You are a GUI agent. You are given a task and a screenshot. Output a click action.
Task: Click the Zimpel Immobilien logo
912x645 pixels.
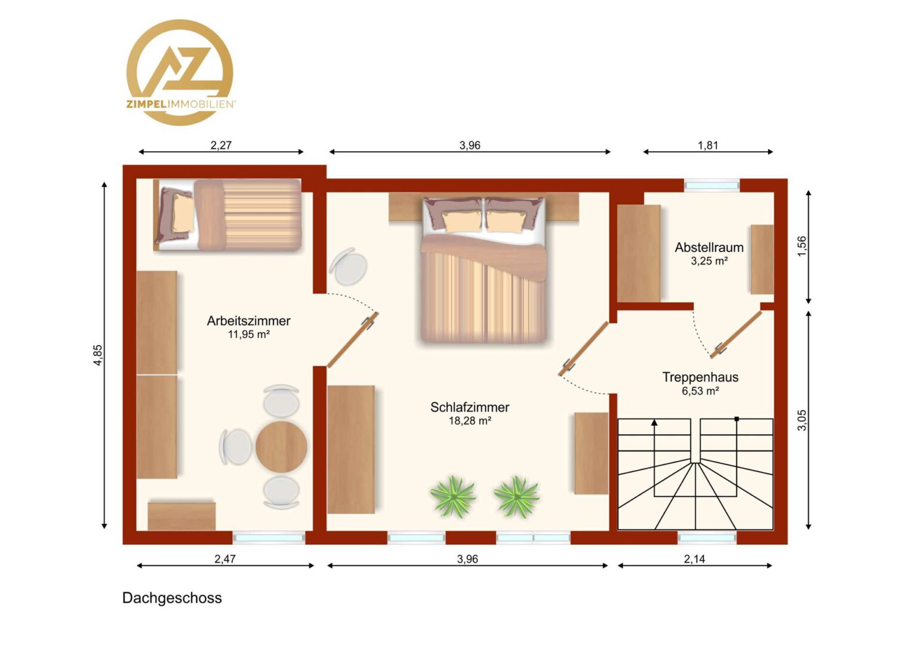coord(180,72)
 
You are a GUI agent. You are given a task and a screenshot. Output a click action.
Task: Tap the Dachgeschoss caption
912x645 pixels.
coord(172,598)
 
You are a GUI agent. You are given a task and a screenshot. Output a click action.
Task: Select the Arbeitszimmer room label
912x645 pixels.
coord(248,321)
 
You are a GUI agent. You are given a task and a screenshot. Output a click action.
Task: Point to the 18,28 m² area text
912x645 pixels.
coord(470,420)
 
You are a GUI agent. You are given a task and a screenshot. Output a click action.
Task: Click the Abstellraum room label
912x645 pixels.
coord(709,247)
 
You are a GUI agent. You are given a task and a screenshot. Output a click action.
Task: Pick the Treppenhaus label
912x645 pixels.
coord(700,377)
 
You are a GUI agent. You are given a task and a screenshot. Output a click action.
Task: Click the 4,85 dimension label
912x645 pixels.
coord(98,355)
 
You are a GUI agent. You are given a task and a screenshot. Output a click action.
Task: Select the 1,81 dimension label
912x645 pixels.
coord(708,145)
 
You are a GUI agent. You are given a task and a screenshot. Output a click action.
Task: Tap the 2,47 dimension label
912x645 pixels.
coord(225,558)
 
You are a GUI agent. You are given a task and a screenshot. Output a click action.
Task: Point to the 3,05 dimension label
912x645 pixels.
coord(802,420)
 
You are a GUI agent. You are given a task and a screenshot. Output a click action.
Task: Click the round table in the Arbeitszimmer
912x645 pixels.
coord(281,447)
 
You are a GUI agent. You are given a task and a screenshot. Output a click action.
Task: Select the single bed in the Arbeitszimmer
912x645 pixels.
coord(227,215)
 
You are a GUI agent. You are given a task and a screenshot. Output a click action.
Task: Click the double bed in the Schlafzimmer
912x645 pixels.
coord(483,269)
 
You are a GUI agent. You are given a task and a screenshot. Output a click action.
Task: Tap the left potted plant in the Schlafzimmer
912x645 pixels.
coord(453,497)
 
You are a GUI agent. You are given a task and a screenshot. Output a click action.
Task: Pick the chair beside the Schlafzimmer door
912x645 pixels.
coord(349,266)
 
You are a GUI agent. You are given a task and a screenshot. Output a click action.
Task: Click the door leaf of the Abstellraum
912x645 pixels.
coord(736,334)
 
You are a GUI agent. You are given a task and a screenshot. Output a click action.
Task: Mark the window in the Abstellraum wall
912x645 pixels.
coord(711,186)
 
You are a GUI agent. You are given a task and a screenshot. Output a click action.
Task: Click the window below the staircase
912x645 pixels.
coord(707,538)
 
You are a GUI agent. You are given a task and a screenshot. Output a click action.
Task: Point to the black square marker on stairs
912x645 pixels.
coord(737,419)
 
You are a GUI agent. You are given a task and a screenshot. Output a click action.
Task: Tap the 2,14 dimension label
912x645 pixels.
coord(694,558)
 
